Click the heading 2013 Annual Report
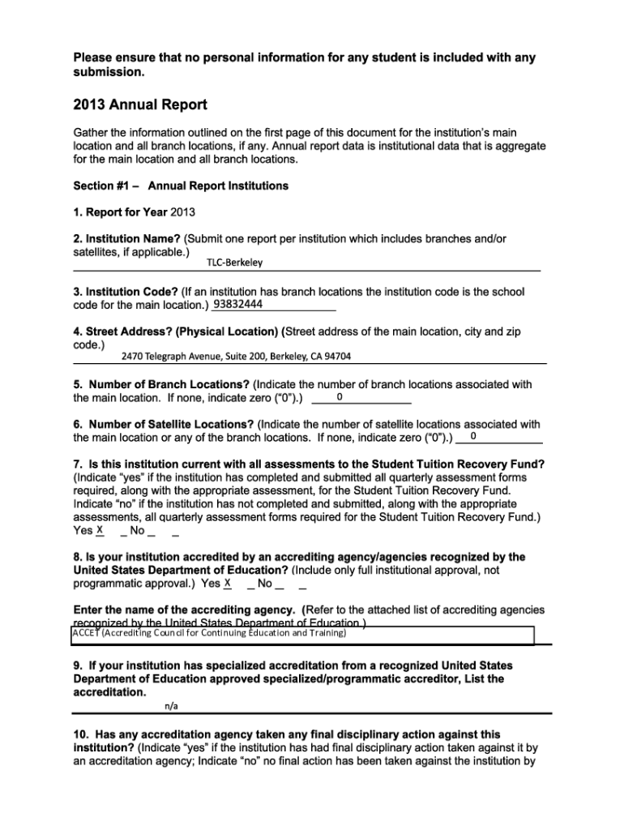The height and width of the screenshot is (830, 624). click(140, 105)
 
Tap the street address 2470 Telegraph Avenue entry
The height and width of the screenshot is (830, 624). click(236, 356)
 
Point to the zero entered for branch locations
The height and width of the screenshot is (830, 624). click(340, 397)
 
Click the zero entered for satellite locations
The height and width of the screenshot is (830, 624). click(473, 438)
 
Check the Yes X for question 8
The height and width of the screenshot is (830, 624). click(228, 584)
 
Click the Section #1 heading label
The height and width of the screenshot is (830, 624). click(181, 186)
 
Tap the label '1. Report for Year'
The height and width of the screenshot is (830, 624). click(120, 212)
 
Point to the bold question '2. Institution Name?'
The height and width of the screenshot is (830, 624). click(127, 239)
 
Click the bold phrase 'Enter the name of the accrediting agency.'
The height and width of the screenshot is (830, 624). click(186, 610)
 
